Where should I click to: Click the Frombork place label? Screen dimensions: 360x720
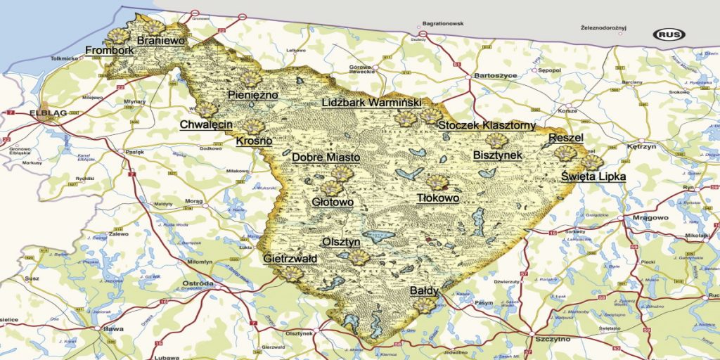point(109,51)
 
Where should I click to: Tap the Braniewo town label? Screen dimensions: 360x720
point(161,41)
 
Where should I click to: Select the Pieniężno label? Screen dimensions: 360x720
point(253,95)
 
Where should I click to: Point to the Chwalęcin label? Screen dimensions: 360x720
point(206,124)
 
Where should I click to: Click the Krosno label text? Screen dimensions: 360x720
point(254,141)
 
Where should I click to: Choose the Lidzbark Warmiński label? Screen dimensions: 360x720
point(371,103)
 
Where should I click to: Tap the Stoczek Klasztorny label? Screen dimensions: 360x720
point(487,126)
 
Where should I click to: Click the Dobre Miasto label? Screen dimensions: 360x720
point(326,157)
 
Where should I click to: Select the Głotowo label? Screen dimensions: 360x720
point(332,202)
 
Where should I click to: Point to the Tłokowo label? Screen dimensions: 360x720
point(438,198)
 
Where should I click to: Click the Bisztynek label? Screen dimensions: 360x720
point(497,154)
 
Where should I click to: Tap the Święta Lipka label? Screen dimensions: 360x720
point(593,176)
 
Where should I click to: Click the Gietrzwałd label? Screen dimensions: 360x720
point(290,259)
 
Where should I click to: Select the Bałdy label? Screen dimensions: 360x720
point(424,290)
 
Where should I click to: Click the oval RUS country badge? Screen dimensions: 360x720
point(669,34)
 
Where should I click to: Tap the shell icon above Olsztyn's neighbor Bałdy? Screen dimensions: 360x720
point(425,304)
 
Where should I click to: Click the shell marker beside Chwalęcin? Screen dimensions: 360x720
point(206,109)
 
